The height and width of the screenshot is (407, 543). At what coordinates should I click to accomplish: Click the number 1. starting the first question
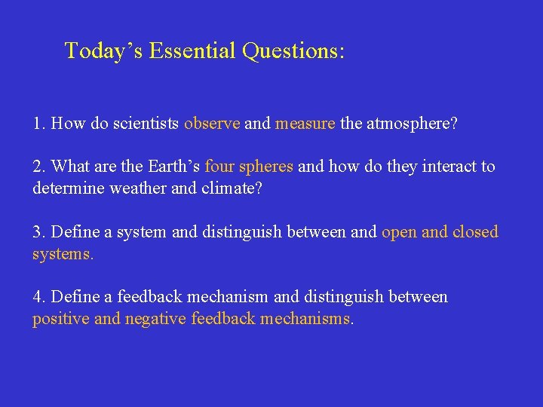[39, 124]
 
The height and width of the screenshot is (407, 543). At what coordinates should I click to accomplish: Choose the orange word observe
[212, 124]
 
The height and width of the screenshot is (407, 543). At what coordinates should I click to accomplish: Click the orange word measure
[305, 124]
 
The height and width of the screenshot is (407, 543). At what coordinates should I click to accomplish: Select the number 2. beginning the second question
[39, 167]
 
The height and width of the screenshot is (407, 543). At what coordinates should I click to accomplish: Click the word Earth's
[174, 167]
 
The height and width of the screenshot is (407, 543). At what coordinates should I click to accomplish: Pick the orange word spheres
[265, 167]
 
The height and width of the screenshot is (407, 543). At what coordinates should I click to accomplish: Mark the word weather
[135, 188]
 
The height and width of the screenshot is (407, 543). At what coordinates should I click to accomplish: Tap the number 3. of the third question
[39, 232]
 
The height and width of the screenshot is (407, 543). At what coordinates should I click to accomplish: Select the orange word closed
[476, 232]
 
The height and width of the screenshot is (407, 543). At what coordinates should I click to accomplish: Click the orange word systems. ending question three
[63, 253]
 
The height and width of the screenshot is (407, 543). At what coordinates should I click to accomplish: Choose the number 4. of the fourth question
[39, 297]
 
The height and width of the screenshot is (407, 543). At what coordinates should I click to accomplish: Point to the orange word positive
[61, 318]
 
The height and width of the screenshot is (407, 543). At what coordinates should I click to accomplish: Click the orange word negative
[155, 318]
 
